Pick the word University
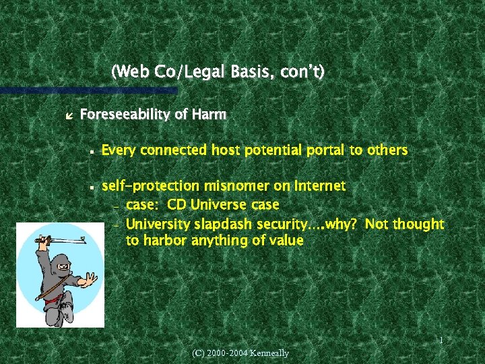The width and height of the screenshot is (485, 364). pyautogui.click(x=158, y=224)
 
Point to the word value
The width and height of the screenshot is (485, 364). pyautogui.click(x=286, y=240)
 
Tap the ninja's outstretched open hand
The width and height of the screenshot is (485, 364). pyautogui.click(x=89, y=278)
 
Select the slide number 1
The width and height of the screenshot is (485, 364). pyautogui.click(x=441, y=341)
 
